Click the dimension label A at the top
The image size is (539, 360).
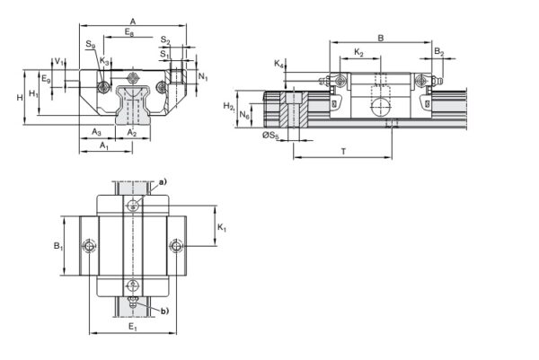point(133,20)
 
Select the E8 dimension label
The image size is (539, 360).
point(131,33)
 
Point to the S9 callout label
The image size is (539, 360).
point(90,45)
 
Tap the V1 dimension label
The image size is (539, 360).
point(57,61)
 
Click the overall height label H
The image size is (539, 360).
point(19,96)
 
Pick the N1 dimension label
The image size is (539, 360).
point(204,77)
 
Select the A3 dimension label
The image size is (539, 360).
point(96,132)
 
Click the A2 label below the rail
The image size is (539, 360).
point(132,132)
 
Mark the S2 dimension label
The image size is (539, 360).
point(165,41)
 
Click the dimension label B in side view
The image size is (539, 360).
point(381,38)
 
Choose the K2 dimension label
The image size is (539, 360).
point(359,53)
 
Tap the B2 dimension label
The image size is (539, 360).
point(439,53)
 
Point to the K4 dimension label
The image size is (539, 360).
point(278,64)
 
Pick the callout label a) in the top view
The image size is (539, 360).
point(163,183)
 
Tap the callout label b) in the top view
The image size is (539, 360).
point(164,311)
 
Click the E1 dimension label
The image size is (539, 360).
point(132,327)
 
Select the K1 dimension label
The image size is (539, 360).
point(222,228)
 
